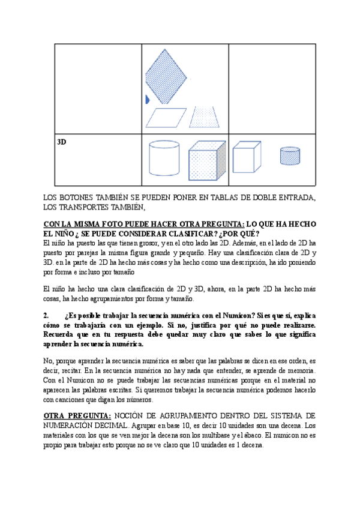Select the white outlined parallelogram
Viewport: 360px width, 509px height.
166,118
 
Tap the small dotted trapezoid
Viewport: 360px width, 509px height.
205,118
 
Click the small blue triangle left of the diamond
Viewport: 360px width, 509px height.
148,100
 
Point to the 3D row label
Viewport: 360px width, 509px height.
61,142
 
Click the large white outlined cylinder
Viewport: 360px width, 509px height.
163,157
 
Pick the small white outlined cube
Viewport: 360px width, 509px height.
246,157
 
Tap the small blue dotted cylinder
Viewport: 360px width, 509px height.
290,155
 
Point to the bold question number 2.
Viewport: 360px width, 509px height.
46,315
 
